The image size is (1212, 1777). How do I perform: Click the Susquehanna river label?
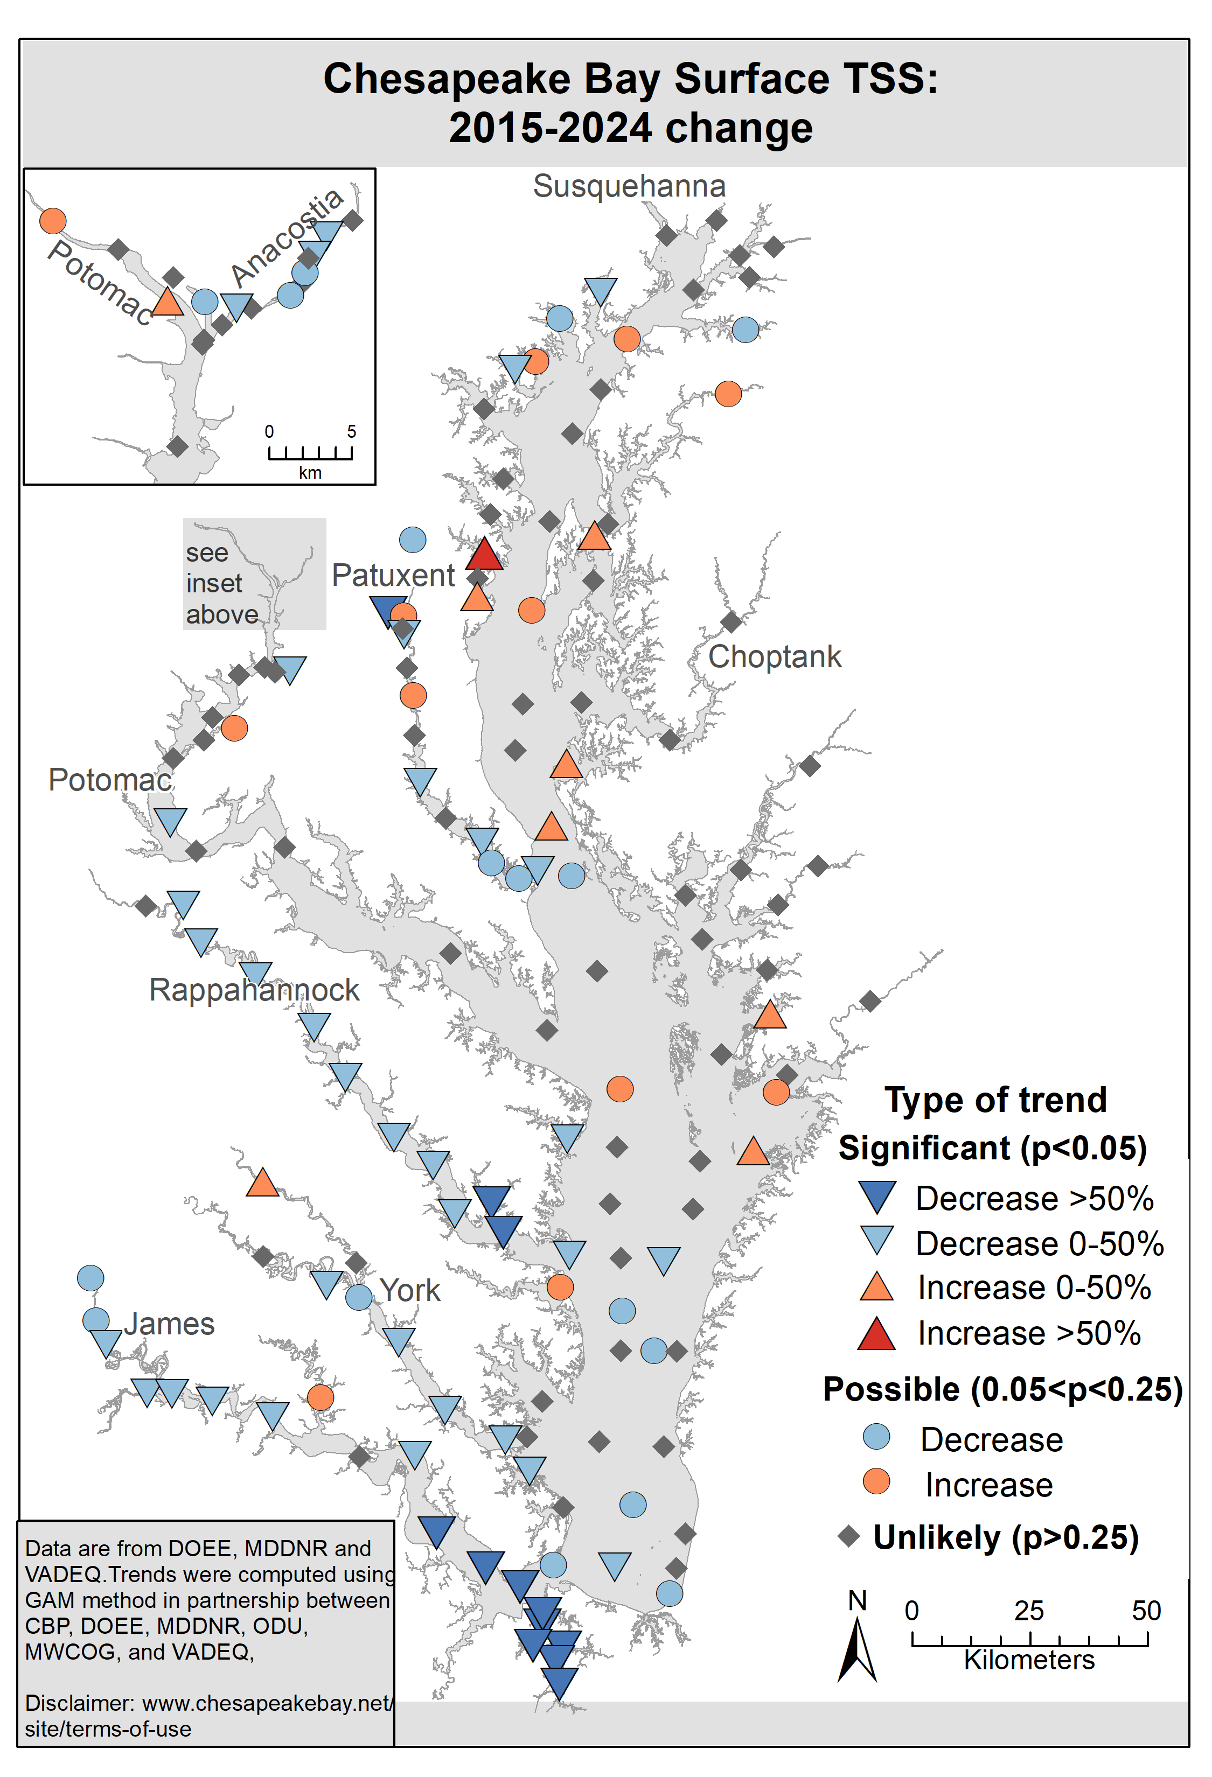(x=629, y=186)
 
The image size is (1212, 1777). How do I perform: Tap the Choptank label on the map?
(x=774, y=657)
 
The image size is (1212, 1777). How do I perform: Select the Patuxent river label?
(x=393, y=575)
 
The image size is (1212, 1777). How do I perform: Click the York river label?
(x=410, y=1291)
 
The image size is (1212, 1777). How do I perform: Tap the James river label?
(x=170, y=1324)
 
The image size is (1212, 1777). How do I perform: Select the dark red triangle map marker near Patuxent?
(x=484, y=554)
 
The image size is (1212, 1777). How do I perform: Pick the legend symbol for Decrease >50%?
(x=876, y=1197)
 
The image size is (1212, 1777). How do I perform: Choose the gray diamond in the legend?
(x=849, y=1537)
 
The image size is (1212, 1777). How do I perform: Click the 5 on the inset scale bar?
(x=352, y=432)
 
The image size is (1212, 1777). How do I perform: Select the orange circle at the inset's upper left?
(x=53, y=220)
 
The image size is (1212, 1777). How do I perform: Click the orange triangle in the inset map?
(x=168, y=302)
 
